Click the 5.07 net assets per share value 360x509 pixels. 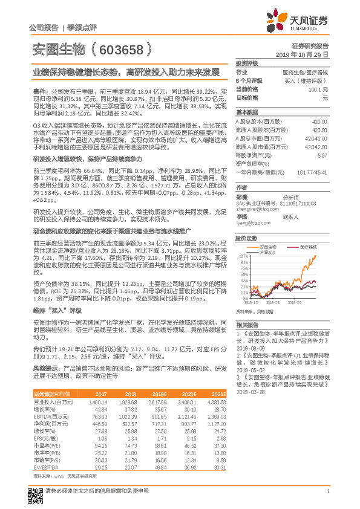[322, 155]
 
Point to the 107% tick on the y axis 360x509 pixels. [243, 256]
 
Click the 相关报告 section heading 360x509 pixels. [245, 325]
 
